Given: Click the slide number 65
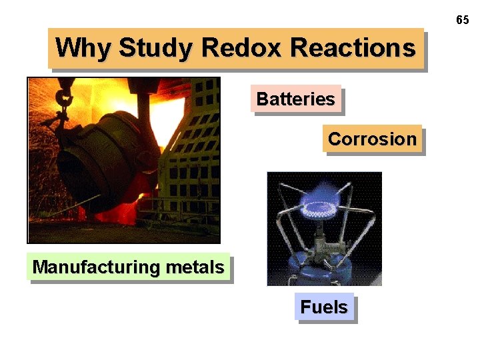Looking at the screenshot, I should pyautogui.click(x=463, y=20).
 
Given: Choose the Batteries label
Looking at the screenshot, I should pyautogui.click(x=295, y=99).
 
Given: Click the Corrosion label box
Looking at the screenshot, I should pyautogui.click(x=372, y=139).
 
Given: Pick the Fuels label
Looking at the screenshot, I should pyautogui.click(x=324, y=307).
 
